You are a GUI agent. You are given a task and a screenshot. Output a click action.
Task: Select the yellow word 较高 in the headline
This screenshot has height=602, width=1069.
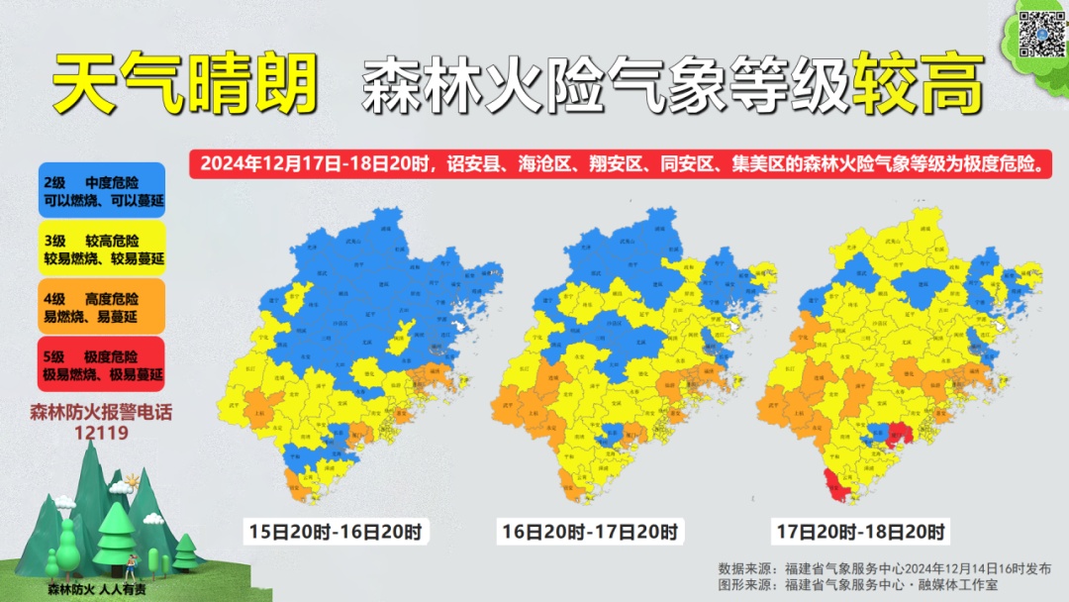pyautogui.click(x=922, y=83)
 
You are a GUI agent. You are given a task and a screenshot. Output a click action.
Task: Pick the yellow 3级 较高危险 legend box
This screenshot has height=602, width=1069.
pyautogui.click(x=103, y=250)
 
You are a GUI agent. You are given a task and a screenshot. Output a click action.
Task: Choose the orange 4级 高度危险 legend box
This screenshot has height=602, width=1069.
pyautogui.click(x=103, y=307)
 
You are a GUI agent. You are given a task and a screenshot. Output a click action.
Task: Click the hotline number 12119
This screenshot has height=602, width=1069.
pyautogui.click(x=101, y=433)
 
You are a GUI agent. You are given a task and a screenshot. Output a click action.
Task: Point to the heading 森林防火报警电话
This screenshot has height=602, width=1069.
pyautogui.click(x=101, y=412)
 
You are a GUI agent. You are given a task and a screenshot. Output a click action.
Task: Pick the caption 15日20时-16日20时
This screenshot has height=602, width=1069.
pyautogui.click(x=336, y=533)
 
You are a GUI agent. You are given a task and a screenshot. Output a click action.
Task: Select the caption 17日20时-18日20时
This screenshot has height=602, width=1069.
pyautogui.click(x=859, y=533)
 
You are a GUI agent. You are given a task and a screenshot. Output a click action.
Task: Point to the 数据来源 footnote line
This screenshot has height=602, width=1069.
pyautogui.click(x=878, y=568)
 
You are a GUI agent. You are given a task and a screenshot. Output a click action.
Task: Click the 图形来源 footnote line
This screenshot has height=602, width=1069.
pyautogui.click(x=858, y=585)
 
